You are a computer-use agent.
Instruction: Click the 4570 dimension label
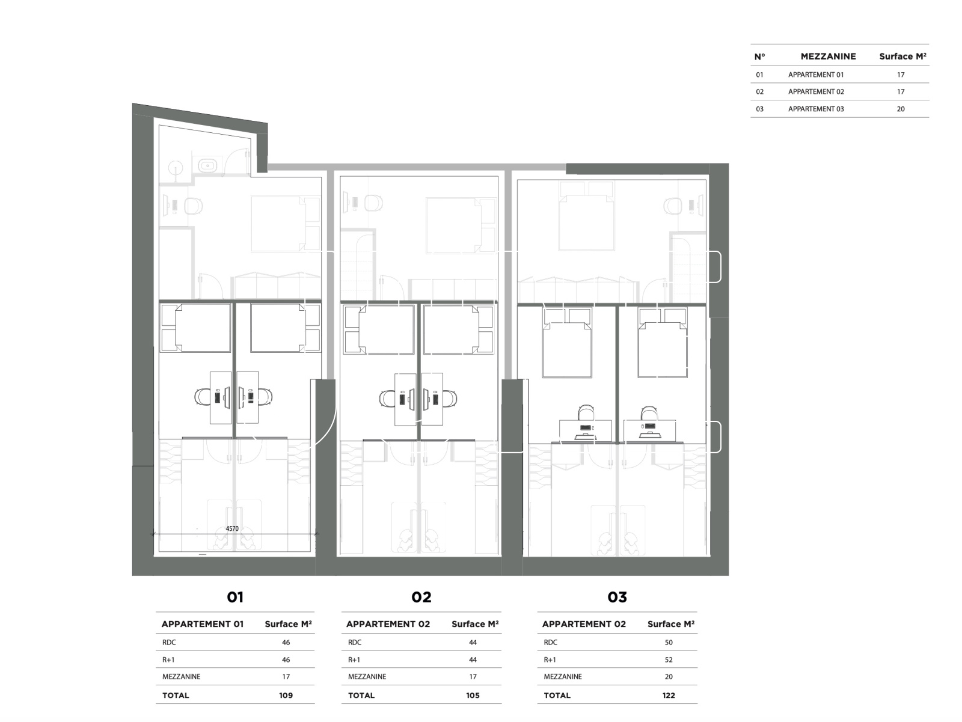pyautogui.click(x=232, y=528)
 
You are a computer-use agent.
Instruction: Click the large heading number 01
pyautogui.click(x=235, y=597)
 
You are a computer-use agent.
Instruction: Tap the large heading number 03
pyautogui.click(x=617, y=597)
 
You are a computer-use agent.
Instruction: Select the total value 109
pyautogui.click(x=286, y=696)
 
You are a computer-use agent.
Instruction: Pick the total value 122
pyautogui.click(x=669, y=696)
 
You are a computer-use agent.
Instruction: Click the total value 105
pyautogui.click(x=473, y=696)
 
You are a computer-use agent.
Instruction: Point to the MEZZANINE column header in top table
pyautogui.click(x=828, y=57)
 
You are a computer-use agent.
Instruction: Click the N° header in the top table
pyautogui.click(x=759, y=57)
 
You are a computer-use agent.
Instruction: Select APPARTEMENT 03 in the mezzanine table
pyautogui.click(x=816, y=109)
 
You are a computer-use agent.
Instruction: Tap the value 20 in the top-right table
pyautogui.click(x=900, y=109)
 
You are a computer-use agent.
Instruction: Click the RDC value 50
pyautogui.click(x=669, y=643)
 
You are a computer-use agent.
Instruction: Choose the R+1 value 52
pyautogui.click(x=669, y=660)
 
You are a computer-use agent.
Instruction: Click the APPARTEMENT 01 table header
pyautogui.click(x=202, y=624)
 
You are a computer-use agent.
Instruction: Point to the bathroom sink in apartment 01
pyautogui.click(x=207, y=165)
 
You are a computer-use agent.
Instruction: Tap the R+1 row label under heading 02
pyautogui.click(x=354, y=660)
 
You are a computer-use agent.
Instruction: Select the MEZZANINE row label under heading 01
pyautogui.click(x=181, y=677)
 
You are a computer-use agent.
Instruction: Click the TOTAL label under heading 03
pyautogui.click(x=557, y=696)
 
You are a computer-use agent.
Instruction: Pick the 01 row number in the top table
pyautogui.click(x=759, y=75)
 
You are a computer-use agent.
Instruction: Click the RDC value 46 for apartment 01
pyautogui.click(x=286, y=643)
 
